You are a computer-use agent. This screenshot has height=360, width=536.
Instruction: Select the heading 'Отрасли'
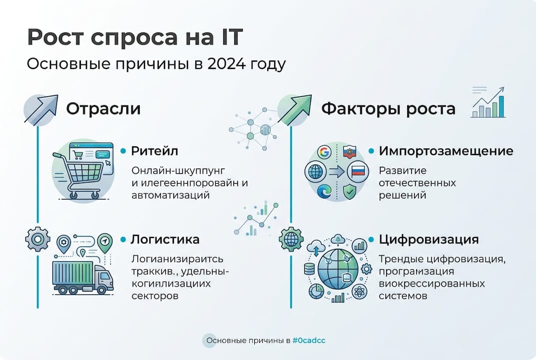tap(103, 109)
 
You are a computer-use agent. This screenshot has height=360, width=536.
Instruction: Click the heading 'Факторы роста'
tap(388, 109)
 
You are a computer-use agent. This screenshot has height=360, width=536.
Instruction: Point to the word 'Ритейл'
tap(154, 150)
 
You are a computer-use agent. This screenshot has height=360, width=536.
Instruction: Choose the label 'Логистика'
tap(165, 239)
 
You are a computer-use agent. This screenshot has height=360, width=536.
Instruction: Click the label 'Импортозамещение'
tap(446, 150)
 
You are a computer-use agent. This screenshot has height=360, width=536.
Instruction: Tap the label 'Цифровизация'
tap(429, 239)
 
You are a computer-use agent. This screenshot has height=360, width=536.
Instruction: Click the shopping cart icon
tap(82, 172)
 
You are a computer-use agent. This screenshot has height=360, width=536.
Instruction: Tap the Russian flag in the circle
tap(358, 171)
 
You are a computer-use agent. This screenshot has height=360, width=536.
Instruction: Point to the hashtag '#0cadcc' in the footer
tap(309, 340)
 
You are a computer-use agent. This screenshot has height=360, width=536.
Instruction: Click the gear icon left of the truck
tap(37, 238)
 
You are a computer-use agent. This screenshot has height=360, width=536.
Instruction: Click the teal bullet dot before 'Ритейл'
tap(123, 150)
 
